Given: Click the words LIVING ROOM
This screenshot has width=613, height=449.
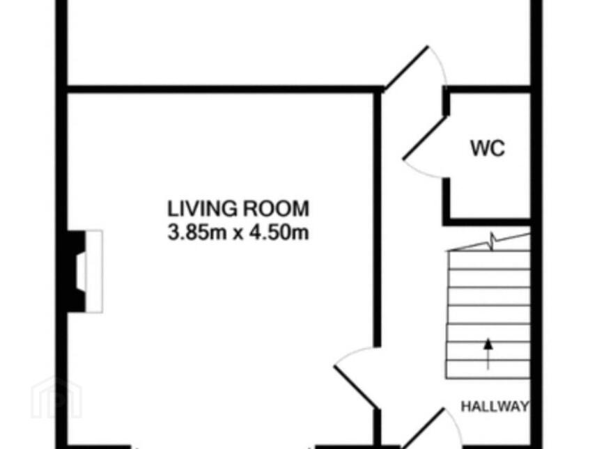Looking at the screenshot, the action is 238,208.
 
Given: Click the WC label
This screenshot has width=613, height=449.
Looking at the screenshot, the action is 488,148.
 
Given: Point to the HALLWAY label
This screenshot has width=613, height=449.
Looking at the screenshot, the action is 495,407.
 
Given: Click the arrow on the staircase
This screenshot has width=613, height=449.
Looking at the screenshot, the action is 488,354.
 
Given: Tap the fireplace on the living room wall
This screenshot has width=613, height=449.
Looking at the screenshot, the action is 76,271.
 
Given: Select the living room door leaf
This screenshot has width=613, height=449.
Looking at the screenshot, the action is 356,387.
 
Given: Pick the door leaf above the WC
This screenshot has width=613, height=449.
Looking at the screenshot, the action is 406,68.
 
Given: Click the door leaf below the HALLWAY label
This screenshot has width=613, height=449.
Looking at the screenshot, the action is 424,428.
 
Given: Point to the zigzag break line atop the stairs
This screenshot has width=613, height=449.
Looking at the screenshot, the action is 489,242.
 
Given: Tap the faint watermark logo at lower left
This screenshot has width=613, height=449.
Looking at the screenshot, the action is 56,397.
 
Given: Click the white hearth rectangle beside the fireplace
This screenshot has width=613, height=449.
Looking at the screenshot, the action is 94,271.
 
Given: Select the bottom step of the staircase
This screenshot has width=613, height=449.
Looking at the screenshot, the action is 488,369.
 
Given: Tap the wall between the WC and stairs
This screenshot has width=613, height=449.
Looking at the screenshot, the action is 487,222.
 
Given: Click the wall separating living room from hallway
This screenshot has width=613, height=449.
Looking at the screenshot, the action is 378,219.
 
